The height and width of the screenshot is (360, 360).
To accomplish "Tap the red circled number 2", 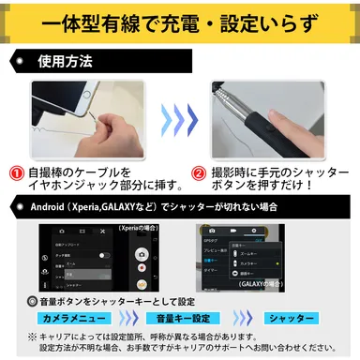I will (199, 173).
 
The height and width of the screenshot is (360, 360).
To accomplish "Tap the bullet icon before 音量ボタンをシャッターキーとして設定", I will (33, 302).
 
